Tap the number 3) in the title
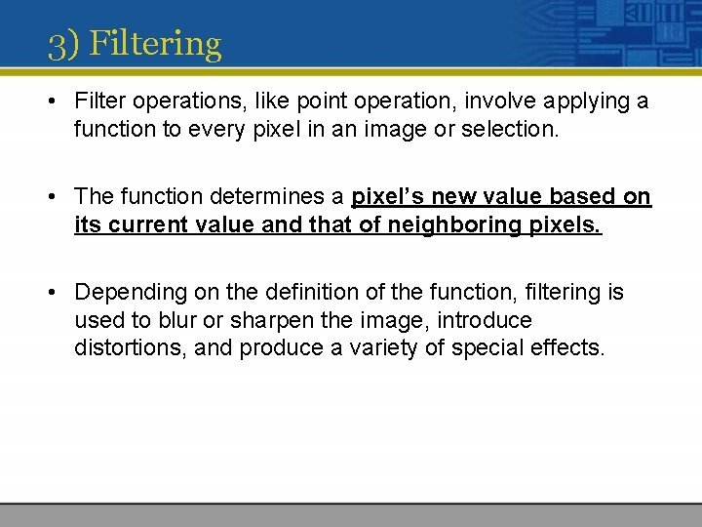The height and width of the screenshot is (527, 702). [x=64, y=44]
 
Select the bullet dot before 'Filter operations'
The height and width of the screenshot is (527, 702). [x=57, y=102]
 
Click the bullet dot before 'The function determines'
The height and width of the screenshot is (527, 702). [x=57, y=197]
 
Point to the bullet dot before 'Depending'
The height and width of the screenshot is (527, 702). [x=57, y=292]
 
